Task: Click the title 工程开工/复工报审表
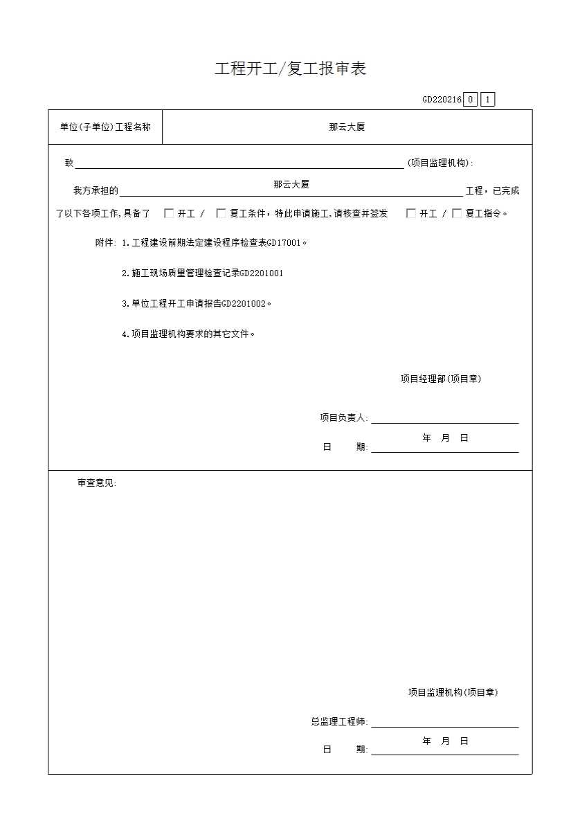290,69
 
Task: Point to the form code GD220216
442,100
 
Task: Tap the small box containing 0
471,100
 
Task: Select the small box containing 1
487,100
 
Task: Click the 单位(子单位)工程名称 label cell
105,127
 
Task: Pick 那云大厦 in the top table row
347,127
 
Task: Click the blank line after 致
239,164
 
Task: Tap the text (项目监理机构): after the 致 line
440,163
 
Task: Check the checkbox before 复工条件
221,213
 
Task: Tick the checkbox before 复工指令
457,213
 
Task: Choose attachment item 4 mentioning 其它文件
188,334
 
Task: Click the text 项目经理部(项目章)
440,379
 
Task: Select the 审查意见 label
96,483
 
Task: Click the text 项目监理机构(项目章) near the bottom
453,692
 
